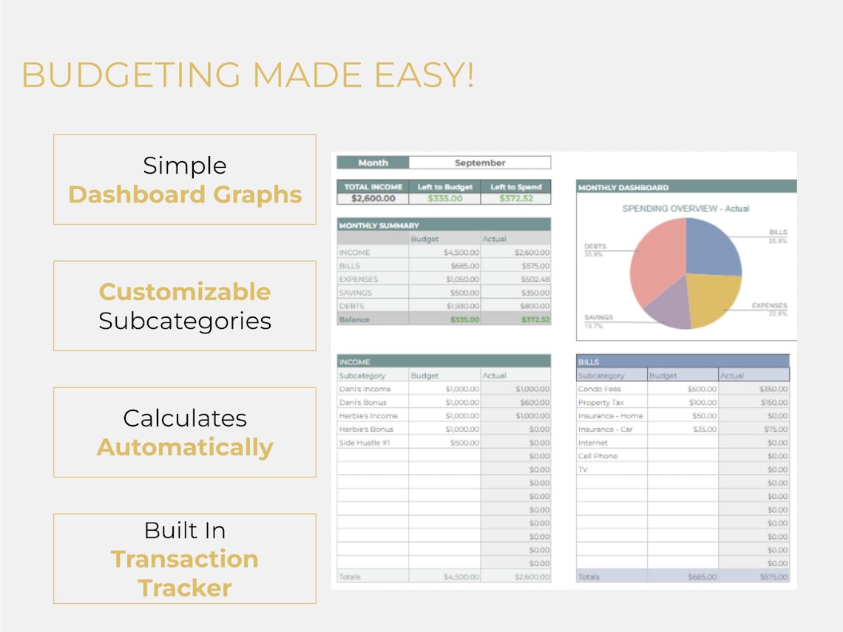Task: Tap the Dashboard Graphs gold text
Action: (x=185, y=194)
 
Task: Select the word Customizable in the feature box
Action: (x=185, y=291)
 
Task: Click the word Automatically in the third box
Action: (x=185, y=447)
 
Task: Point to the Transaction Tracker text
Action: (x=185, y=573)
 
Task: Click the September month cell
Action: (x=480, y=163)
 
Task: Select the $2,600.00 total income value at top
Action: (x=373, y=198)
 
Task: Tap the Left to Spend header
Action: (x=515, y=187)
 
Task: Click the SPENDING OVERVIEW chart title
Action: (x=685, y=208)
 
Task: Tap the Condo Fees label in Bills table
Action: (x=600, y=389)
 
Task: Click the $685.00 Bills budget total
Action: (x=702, y=577)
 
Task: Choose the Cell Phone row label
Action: (x=597, y=456)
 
